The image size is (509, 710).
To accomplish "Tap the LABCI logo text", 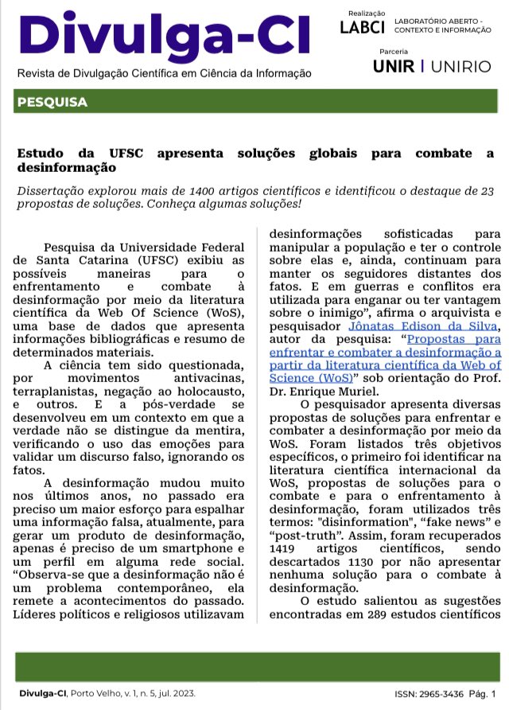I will click(x=362, y=27).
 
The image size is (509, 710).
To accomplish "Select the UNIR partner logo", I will click(x=394, y=66).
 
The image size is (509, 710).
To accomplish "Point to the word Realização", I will click(x=367, y=13).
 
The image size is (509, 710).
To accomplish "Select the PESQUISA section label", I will click(x=52, y=103).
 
